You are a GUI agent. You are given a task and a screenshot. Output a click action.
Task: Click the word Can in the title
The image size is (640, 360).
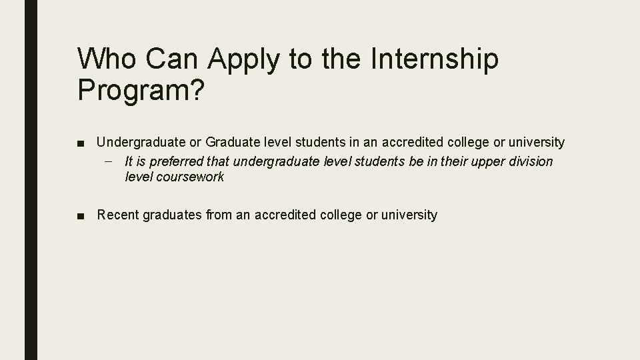[x=173, y=59]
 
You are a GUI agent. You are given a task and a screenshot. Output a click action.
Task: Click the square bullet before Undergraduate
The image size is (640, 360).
[x=80, y=143]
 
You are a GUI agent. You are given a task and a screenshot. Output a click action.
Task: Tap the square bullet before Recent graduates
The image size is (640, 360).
[x=80, y=215]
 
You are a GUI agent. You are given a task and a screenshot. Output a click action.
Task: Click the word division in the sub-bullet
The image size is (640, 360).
[x=531, y=162]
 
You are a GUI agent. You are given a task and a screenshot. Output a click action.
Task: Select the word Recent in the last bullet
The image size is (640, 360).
[x=117, y=215]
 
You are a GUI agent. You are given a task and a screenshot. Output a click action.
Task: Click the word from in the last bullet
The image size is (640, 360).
[x=219, y=215]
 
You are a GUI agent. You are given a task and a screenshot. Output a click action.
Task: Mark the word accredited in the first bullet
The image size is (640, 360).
[x=410, y=142]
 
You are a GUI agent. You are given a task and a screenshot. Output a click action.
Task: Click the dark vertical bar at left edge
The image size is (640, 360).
[x=31, y=180]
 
